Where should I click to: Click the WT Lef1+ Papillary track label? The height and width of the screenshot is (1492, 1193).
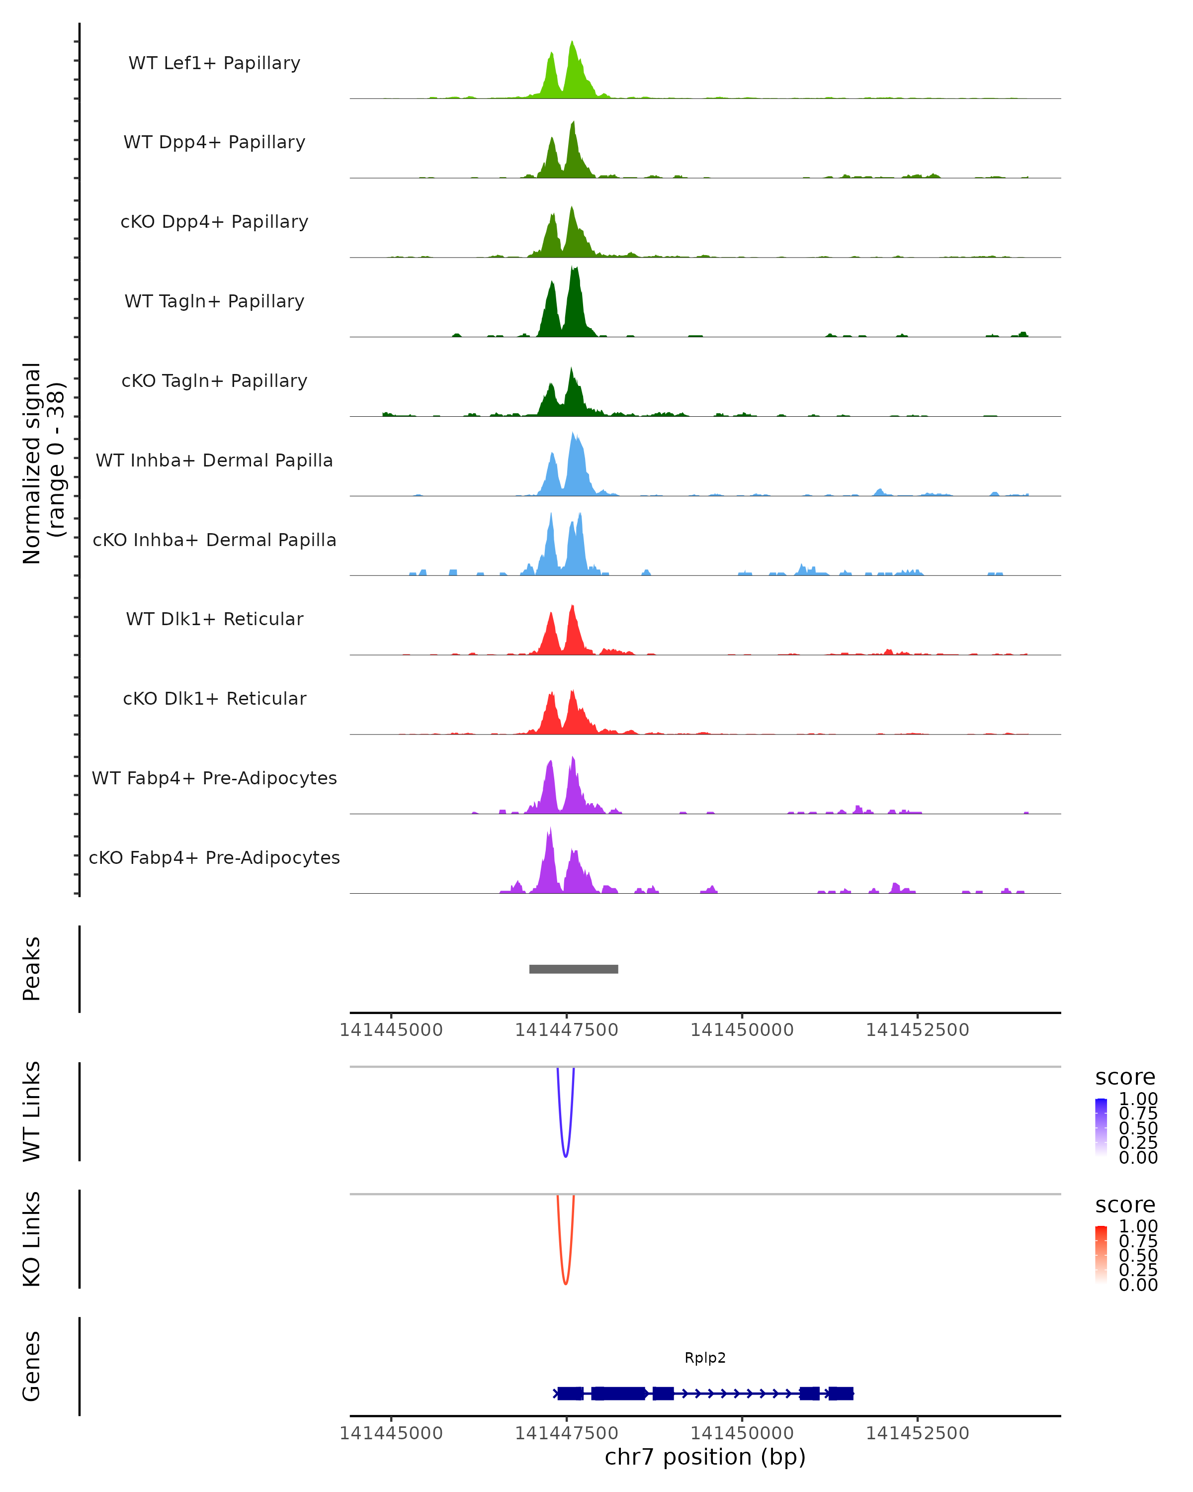[x=214, y=63]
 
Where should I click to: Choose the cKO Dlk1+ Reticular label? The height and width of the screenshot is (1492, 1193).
[x=214, y=698]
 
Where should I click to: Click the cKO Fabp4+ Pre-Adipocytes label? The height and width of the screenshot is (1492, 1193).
[x=214, y=857]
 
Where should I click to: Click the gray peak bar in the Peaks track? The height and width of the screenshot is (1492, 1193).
[x=573, y=969]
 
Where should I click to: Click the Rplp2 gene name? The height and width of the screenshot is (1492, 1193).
[x=705, y=1358]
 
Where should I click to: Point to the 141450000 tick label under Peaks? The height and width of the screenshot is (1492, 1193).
[x=742, y=1030]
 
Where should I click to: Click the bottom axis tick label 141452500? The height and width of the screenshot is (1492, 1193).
[x=917, y=1433]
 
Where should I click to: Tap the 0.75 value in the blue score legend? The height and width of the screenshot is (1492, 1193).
[x=1138, y=1114]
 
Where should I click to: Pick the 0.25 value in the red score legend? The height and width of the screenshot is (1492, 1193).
[x=1138, y=1270]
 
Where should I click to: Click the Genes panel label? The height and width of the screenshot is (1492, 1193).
[x=32, y=1366]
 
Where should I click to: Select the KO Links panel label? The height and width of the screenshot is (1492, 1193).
[x=32, y=1239]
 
